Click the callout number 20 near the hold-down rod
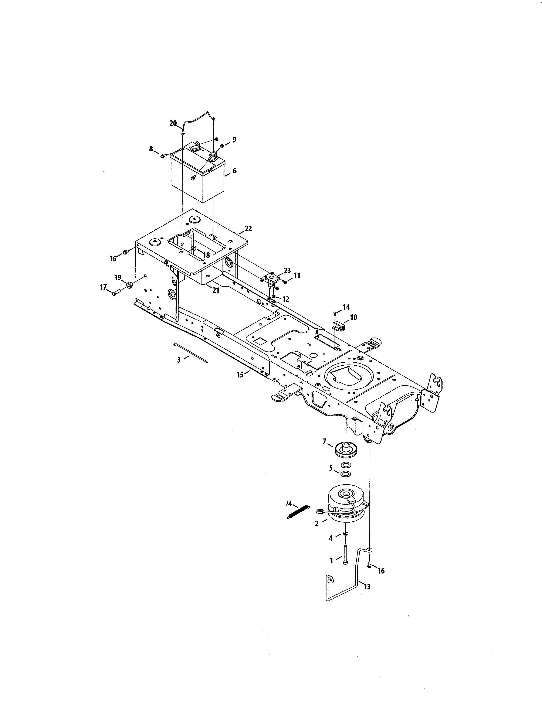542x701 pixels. [x=173, y=123]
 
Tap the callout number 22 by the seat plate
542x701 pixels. [x=248, y=229]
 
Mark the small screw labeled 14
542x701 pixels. [x=335, y=312]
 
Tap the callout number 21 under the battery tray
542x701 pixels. [x=216, y=290]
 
